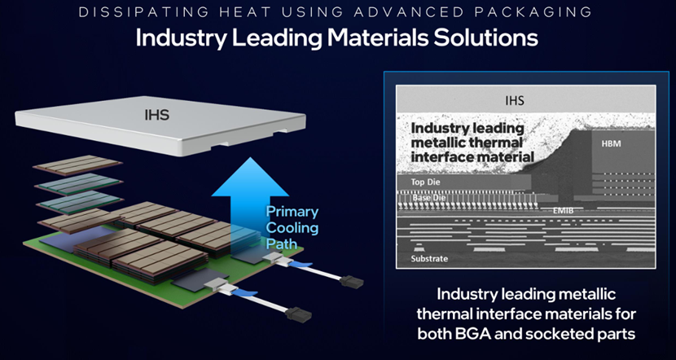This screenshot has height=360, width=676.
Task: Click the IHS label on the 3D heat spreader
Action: coord(157,115)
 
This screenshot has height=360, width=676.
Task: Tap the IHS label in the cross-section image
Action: coord(515,101)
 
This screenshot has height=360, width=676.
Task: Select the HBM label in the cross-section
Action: coord(612,143)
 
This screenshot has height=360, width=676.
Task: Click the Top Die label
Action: coord(425,182)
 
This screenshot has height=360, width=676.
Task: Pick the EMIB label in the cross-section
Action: coord(562,211)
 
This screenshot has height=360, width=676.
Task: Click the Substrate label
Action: coord(429,259)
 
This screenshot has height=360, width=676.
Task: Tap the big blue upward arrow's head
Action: coord(250,178)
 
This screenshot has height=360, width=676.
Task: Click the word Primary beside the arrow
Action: coord(292,213)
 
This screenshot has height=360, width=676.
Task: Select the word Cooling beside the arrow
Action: coord(292,228)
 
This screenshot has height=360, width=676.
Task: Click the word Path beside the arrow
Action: coord(282,244)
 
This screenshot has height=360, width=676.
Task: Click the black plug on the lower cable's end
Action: coord(298,314)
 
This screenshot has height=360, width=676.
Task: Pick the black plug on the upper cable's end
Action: coord(351,282)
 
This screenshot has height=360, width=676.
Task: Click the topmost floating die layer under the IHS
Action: coord(77,165)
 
